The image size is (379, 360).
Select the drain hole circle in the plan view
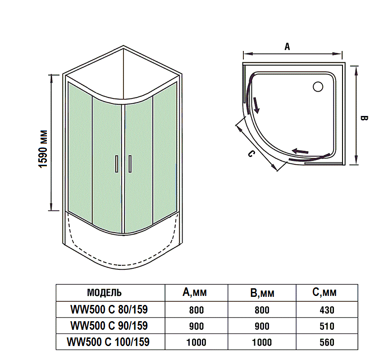pos(318,86)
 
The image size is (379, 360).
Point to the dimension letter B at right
pos(365,118)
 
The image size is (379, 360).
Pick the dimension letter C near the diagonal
pos(251,154)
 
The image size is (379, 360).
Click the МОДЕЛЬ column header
pos(104,292)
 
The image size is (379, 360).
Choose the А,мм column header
pos(195,292)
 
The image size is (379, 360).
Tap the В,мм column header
pos(262,293)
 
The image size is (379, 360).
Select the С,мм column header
pos(324,292)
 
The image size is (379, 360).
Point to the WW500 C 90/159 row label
pos(110,325)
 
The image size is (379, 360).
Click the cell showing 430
pos(327,310)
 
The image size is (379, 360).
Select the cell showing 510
pos(327,326)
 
